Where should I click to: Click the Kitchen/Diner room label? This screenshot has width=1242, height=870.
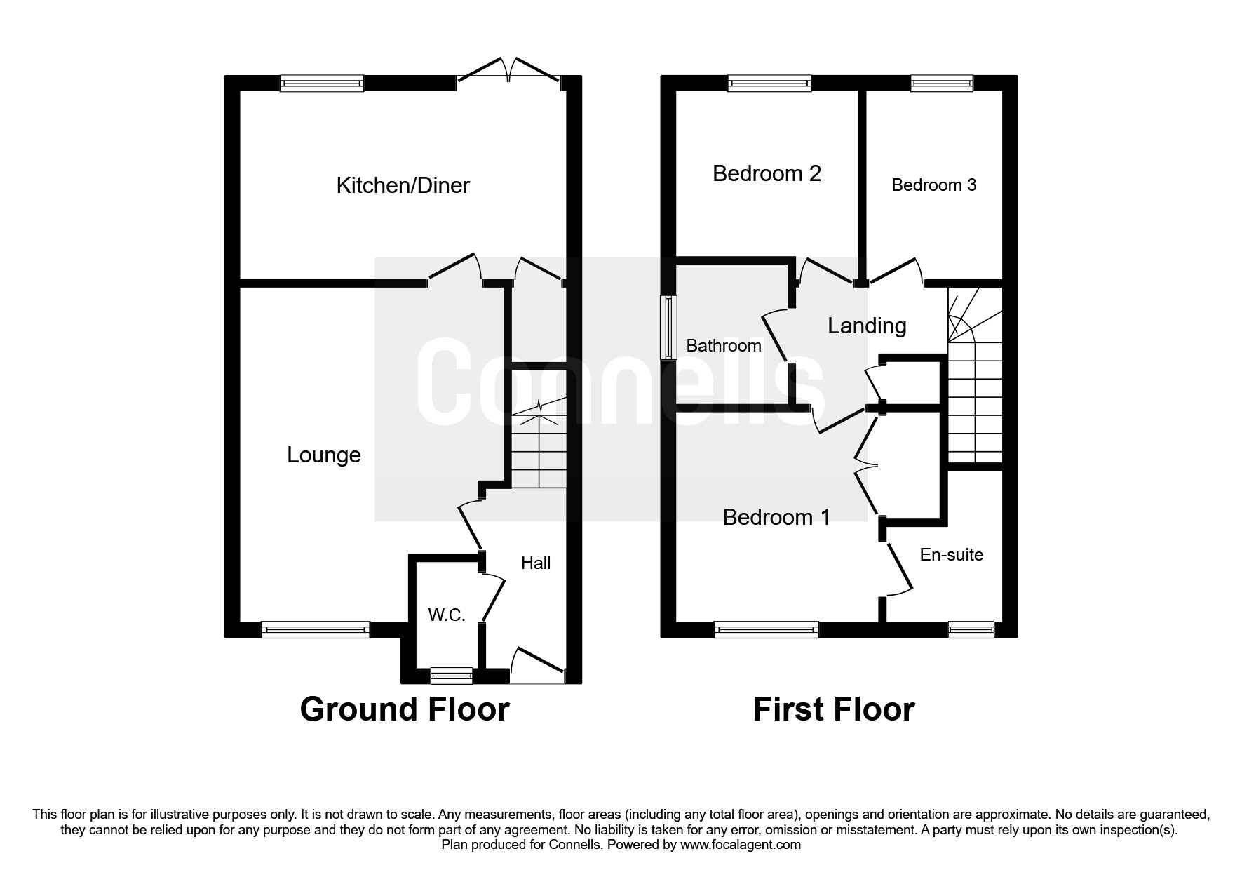[x=403, y=185]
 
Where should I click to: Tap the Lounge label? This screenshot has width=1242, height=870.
[x=323, y=455]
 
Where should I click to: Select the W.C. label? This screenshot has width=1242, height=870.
[x=447, y=615]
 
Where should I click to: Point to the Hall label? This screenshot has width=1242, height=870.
[x=536, y=563]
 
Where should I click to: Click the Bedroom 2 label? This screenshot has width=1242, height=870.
[x=767, y=173]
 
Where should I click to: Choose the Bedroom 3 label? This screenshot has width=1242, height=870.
[x=933, y=185]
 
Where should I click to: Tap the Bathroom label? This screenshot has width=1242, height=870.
[x=723, y=346]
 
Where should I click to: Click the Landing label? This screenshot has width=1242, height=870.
[x=867, y=326]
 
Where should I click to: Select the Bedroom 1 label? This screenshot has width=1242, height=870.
[x=776, y=518]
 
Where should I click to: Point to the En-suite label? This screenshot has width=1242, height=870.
[x=951, y=555]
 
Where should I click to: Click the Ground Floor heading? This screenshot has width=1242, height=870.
[x=404, y=709]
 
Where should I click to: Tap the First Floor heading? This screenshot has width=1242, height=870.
[x=833, y=709]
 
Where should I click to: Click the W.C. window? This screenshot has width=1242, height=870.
[x=452, y=676]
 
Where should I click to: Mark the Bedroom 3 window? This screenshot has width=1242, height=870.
[x=941, y=84]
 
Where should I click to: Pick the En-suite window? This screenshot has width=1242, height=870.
[x=971, y=629]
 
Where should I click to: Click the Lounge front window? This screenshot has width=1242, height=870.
[x=315, y=629]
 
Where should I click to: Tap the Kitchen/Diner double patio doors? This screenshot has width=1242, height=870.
[x=510, y=73]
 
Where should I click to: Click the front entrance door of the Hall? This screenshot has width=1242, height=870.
[x=538, y=670]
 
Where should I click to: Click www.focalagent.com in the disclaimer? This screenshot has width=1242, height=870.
[x=741, y=845]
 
